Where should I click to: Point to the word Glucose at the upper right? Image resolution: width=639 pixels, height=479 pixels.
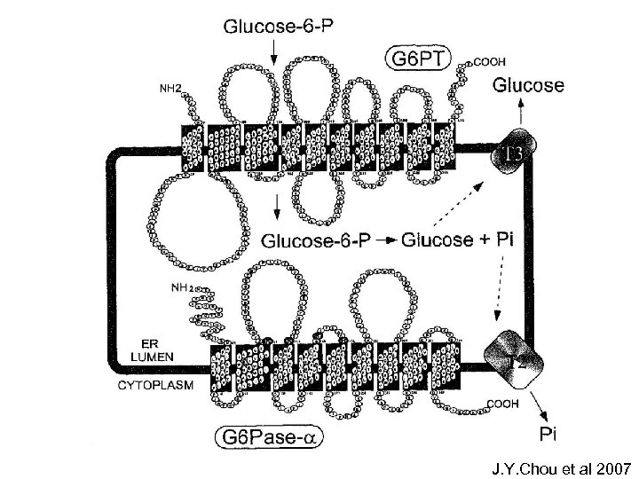pos(528,85)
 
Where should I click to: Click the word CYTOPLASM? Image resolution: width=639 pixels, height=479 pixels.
pos(154,385)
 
